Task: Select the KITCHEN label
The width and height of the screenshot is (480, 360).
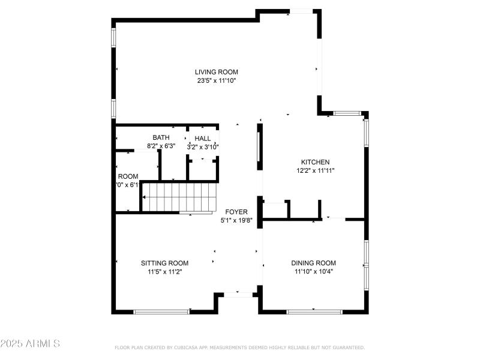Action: coord(315,162)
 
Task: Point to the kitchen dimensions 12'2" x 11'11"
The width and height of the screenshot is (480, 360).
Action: coord(315,170)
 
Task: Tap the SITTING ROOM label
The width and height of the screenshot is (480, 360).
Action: coord(164,263)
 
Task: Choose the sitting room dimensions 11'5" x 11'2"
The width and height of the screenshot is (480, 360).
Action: coord(164,271)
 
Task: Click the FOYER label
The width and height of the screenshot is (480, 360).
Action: coord(235,212)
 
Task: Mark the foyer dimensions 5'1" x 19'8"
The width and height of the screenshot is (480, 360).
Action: coord(236,220)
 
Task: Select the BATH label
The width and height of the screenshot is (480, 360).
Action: coord(161,137)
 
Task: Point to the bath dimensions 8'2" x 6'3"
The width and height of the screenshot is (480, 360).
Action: coord(161,146)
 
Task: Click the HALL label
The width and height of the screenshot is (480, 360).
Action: coord(203,139)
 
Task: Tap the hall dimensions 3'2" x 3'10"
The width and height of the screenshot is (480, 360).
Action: coord(203,146)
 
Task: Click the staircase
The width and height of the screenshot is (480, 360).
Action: coord(179,197)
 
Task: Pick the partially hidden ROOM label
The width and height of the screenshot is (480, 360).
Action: coord(128,176)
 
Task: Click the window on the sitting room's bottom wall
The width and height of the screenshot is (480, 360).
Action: coord(161,311)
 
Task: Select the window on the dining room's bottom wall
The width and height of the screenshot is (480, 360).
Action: coord(314,311)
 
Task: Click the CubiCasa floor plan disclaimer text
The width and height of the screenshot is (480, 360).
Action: coord(239,347)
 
